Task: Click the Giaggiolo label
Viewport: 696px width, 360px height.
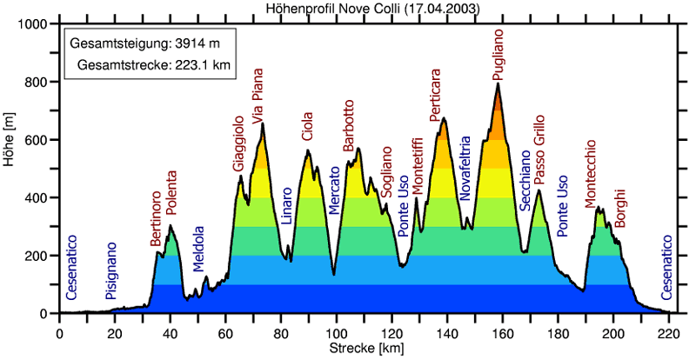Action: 238,143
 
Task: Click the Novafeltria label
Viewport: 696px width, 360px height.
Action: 465,169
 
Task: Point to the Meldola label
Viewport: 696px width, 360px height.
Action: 198,249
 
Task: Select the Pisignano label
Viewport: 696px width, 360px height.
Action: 110,272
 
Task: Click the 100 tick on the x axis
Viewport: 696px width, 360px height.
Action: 337,332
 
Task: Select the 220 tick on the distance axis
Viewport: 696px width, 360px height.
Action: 669,332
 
